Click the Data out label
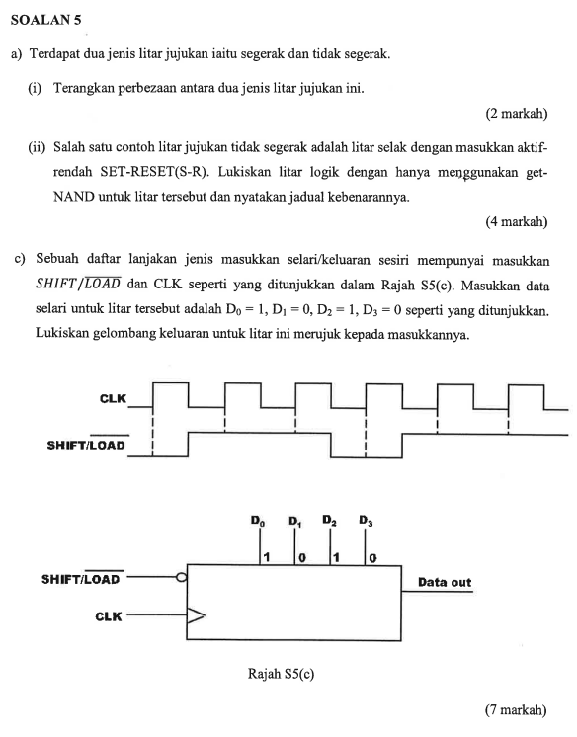click(x=445, y=582)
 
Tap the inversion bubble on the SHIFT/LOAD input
click(x=181, y=579)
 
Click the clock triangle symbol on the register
click(x=197, y=616)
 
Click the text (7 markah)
click(x=516, y=709)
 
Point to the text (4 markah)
click(x=516, y=222)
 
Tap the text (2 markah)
click(x=516, y=114)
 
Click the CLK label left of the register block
click(x=108, y=616)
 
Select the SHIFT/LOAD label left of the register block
click(x=81, y=579)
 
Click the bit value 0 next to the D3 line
click(x=373, y=558)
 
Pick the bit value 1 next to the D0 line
click(x=266, y=558)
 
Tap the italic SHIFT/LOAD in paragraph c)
click(x=77, y=282)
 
